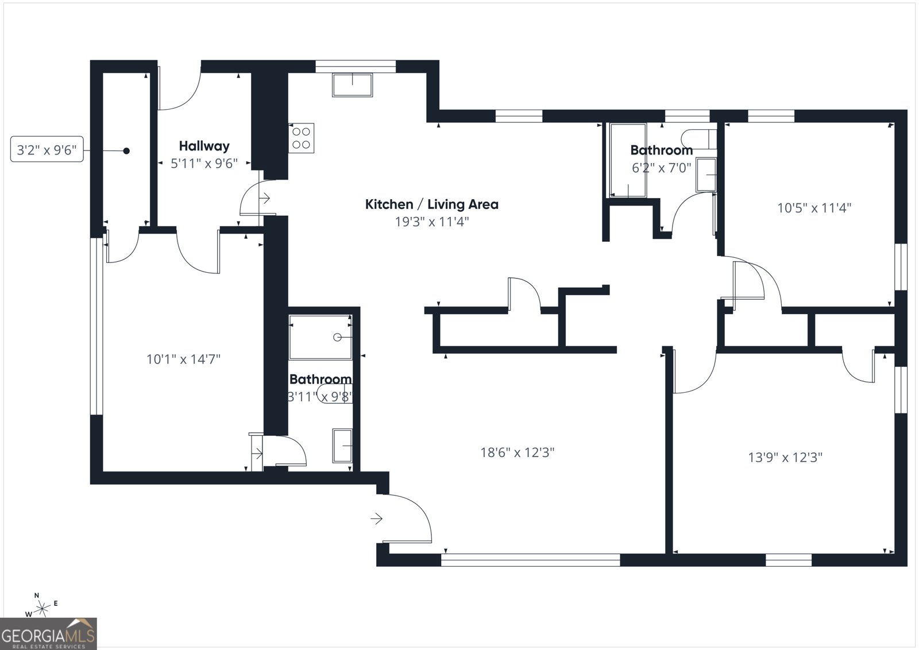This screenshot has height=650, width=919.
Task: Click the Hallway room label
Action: (x=204, y=146)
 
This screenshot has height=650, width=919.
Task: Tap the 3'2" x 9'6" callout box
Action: (x=47, y=150)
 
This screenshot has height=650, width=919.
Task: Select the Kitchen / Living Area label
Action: (x=431, y=204)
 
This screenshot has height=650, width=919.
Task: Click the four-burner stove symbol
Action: (x=301, y=138)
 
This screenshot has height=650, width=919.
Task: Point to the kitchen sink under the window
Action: (x=352, y=84)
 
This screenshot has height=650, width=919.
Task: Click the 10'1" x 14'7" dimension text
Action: (x=183, y=359)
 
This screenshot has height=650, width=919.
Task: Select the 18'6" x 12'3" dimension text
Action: (x=517, y=452)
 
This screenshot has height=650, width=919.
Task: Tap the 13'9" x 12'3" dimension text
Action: (x=785, y=458)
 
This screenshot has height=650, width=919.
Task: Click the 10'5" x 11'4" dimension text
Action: (x=814, y=208)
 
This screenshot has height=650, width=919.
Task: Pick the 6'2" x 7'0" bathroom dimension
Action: (x=661, y=168)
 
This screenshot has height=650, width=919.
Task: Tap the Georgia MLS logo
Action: (x=48, y=634)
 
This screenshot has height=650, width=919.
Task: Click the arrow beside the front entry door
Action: (x=377, y=519)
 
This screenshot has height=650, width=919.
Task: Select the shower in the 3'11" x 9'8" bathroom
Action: (x=320, y=338)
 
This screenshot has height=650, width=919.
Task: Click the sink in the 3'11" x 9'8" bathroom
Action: (x=342, y=446)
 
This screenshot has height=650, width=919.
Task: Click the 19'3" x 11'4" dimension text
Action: (x=431, y=222)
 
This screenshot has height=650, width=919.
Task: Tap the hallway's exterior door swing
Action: (x=179, y=89)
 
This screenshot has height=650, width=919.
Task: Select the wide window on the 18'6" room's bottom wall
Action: (x=530, y=559)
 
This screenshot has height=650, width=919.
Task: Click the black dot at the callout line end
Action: (x=126, y=151)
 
